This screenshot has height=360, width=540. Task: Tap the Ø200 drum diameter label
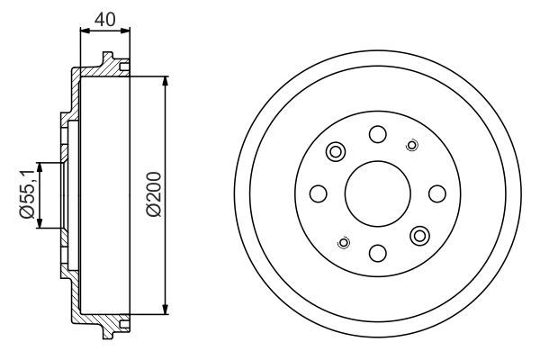[x=154, y=194]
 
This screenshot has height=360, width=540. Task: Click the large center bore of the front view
[x=377, y=193]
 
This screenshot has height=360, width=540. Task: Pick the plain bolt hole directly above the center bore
[x=377, y=135]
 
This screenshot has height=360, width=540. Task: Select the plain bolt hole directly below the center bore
[x=377, y=252]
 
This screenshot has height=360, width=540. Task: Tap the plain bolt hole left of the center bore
[x=318, y=193]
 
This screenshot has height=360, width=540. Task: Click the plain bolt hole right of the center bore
[x=436, y=193]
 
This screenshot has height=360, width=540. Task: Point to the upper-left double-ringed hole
[x=336, y=151]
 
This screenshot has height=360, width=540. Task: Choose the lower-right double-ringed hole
[x=419, y=236]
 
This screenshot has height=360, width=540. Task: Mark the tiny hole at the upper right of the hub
[x=412, y=145]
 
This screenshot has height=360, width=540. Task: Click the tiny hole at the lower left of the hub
[x=342, y=241]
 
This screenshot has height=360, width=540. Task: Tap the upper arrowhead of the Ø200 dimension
[x=166, y=82]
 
